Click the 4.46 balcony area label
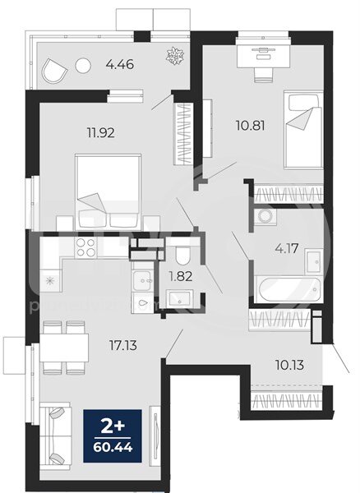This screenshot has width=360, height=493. [120, 65]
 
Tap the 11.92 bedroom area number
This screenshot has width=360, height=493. [100, 132]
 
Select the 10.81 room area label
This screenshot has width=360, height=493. [250, 126]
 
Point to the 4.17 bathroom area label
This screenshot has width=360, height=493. [286, 249]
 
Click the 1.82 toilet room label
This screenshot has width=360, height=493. [181, 277]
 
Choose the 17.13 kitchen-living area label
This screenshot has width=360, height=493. [123, 346]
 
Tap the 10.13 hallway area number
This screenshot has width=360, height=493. [289, 365]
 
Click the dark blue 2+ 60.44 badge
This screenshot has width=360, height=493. [113, 435]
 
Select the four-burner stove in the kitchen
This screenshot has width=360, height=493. [85, 247]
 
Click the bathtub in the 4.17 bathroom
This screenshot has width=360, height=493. [288, 289]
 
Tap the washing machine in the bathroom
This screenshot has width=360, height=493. [265, 216]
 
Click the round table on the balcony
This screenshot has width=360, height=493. [83, 66]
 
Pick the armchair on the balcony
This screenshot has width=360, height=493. [53, 71]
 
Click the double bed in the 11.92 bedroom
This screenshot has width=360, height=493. [108, 192]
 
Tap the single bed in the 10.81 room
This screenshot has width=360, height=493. [303, 130]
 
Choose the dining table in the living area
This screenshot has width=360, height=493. [64, 348]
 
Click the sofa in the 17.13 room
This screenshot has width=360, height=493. [55, 436]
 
